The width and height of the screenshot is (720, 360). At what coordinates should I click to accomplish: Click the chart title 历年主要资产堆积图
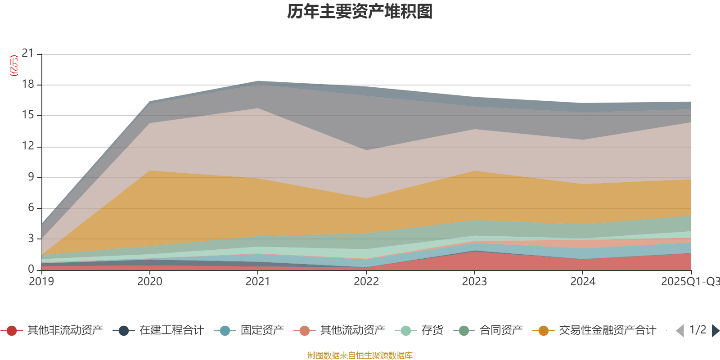(x=360, y=12)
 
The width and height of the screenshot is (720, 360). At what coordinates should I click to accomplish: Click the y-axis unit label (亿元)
(x=14, y=66)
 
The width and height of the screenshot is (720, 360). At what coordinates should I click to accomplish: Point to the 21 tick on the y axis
(x=28, y=54)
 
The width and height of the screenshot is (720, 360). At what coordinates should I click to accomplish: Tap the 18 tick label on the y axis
(x=28, y=85)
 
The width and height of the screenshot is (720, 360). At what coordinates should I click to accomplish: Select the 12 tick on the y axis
(x=28, y=146)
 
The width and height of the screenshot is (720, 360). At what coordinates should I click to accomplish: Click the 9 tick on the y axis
(x=31, y=177)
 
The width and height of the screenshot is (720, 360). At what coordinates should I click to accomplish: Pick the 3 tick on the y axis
(x=31, y=238)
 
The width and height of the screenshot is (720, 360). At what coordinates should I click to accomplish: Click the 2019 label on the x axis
(x=41, y=282)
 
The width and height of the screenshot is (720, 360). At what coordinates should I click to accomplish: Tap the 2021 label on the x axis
(x=257, y=282)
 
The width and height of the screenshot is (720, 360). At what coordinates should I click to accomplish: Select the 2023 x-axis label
(x=474, y=282)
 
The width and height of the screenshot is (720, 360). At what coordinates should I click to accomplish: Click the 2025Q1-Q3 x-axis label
(x=689, y=282)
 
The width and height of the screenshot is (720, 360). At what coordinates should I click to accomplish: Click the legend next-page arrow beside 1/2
(x=715, y=331)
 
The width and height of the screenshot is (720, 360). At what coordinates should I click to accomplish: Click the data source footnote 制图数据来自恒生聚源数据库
(x=360, y=355)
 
